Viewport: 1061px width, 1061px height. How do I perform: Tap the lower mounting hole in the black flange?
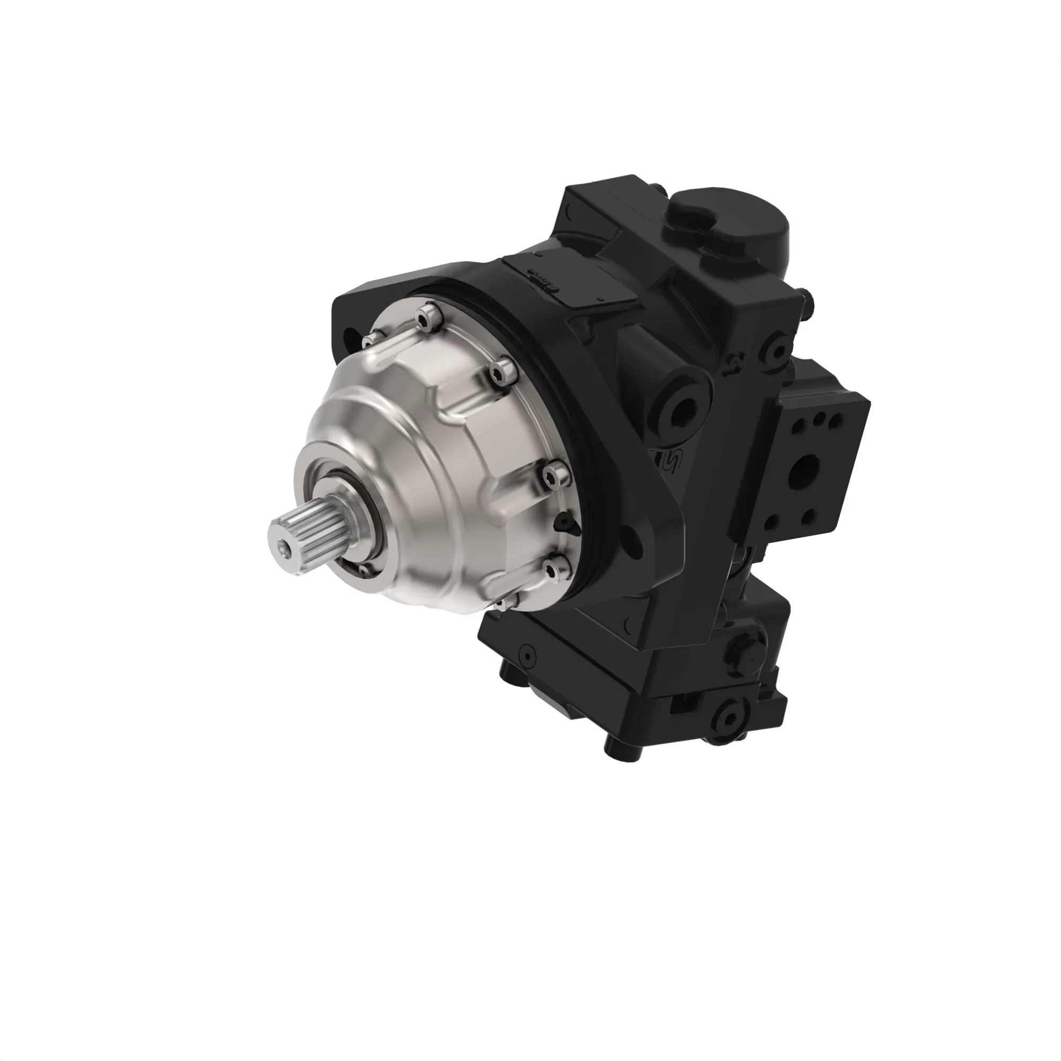[636, 541]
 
